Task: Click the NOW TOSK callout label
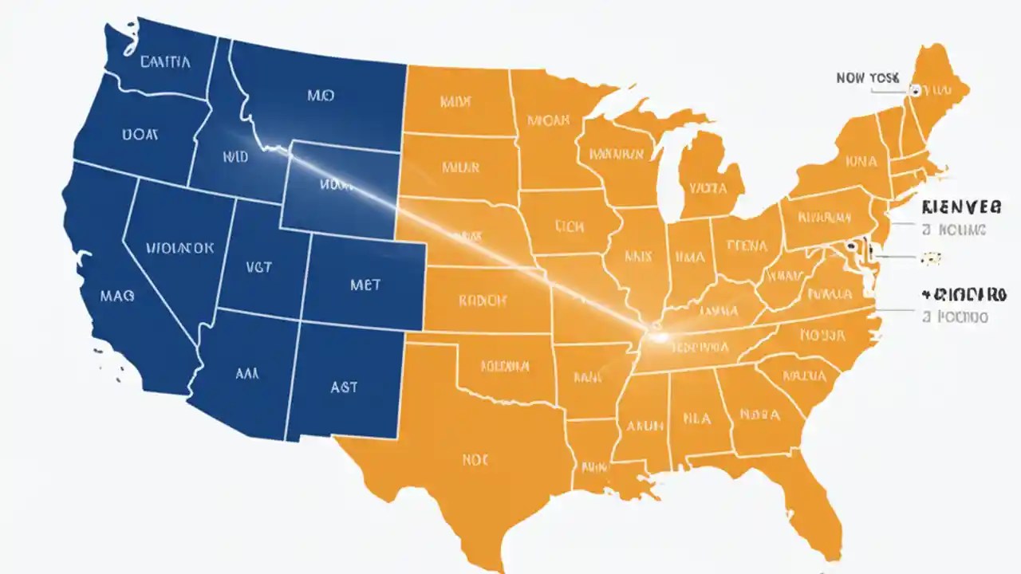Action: click(867, 78)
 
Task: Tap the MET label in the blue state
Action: click(365, 285)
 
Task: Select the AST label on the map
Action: click(343, 387)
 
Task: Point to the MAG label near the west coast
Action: click(117, 295)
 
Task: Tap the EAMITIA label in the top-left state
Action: click(164, 62)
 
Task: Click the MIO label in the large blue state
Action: click(320, 96)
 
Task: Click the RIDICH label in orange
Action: click(483, 301)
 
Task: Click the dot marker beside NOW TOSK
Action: click(914, 91)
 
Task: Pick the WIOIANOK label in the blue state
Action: click(180, 248)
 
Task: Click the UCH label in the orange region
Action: click(570, 226)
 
